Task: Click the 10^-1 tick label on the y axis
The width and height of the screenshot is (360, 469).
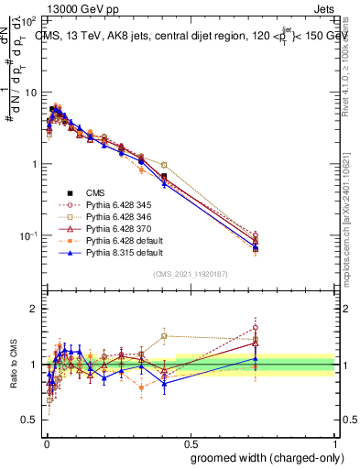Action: [x=28, y=235]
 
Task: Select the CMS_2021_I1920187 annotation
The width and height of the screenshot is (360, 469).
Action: [x=190, y=275]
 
